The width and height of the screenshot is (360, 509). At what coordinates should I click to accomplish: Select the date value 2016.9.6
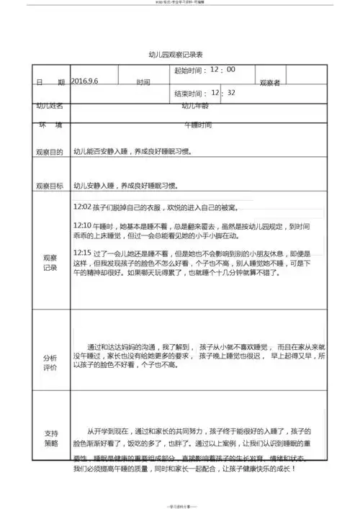coord(84,81)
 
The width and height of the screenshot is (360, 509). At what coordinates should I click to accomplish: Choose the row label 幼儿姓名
coord(49,106)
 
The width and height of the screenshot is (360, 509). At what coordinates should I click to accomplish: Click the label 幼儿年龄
coord(194,106)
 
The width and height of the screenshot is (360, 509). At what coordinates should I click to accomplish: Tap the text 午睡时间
coord(198,125)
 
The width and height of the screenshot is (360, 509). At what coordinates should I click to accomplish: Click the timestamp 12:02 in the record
coord(82,207)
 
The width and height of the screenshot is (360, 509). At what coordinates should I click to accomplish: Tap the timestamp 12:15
coord(82,253)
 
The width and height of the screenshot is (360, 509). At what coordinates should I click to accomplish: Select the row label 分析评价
coord(50,362)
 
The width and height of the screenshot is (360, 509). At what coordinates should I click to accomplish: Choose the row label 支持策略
coord(50,438)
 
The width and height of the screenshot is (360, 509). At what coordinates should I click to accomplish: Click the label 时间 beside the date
coord(143,83)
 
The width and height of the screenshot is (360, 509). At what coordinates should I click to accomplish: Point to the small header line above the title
coord(180,4)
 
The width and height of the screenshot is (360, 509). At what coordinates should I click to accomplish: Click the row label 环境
coord(49,125)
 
